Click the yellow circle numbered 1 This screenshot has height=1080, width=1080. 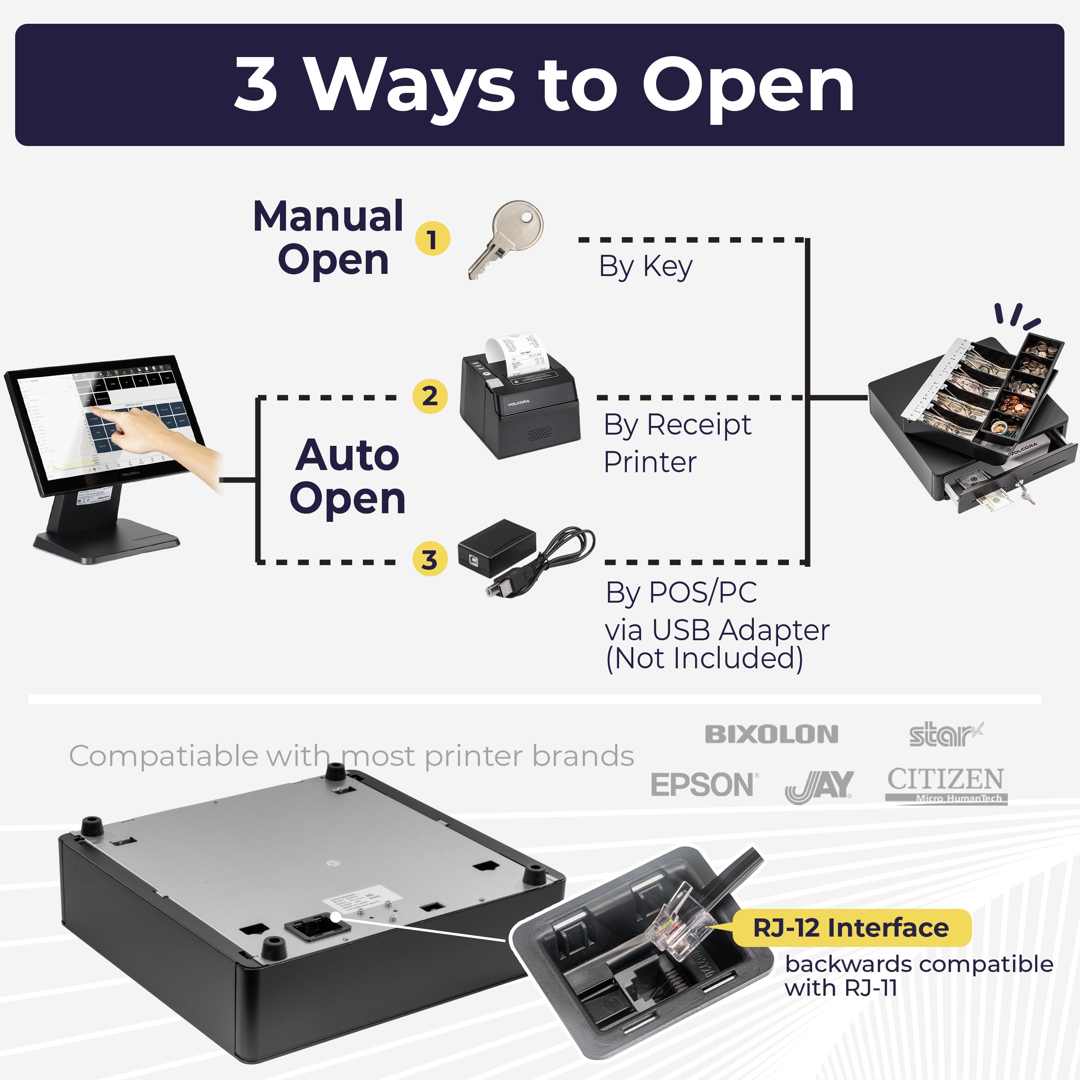(432, 239)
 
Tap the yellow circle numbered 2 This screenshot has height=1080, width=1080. (429, 396)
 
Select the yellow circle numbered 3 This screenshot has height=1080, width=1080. (429, 559)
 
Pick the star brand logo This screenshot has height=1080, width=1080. (945, 734)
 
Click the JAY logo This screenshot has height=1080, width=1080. (819, 785)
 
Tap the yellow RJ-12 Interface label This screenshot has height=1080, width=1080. (851, 928)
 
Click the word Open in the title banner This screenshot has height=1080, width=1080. (747, 86)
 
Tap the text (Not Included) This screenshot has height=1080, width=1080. (704, 658)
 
